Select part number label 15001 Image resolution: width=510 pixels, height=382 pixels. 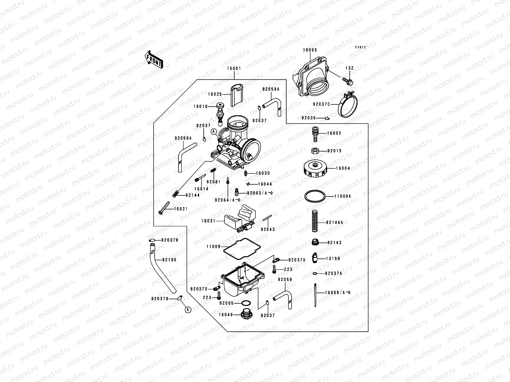pos(234,68)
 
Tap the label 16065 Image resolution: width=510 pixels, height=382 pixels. pos(310,50)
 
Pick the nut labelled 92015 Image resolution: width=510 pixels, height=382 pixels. pos(314,151)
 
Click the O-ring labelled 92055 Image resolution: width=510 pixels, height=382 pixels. pos(246,303)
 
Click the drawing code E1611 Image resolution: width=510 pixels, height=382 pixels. pos(361,47)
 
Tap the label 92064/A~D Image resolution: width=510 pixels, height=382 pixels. pos(227,200)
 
